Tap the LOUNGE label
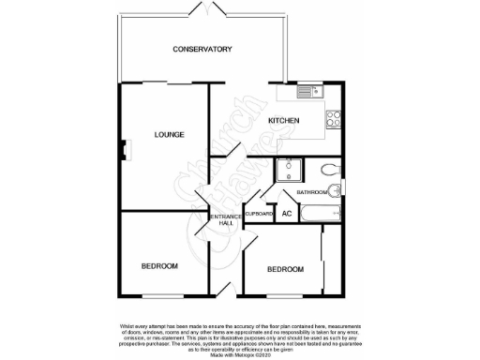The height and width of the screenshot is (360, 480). tap(169, 135)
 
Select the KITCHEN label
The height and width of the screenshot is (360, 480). tap(284, 122)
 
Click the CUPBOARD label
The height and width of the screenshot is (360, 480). tap(260, 215)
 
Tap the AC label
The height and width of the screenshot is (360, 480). tap(287, 215)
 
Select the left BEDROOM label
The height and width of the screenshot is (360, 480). tap(159, 266)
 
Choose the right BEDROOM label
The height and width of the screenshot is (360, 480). tap(285, 270)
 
